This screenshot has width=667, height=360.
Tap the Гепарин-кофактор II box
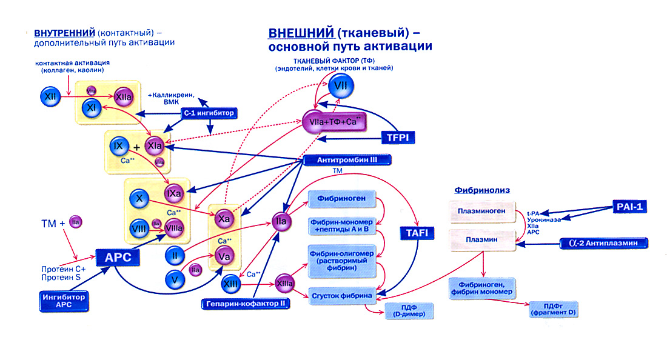(246, 302)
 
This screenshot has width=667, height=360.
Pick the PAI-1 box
(630, 207)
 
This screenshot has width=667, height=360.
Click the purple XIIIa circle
(285, 282)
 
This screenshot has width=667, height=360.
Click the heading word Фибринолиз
(482, 190)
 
